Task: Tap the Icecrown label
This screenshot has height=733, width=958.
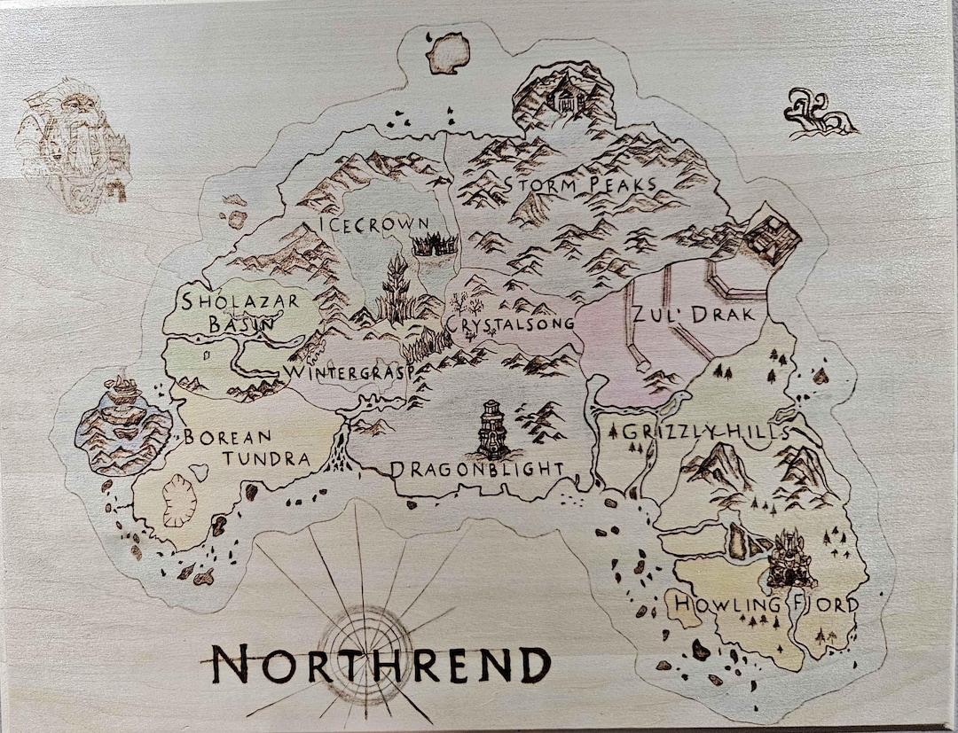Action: [373, 224]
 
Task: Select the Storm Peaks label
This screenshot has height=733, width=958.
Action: [580, 185]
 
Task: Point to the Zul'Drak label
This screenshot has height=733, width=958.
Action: [693, 315]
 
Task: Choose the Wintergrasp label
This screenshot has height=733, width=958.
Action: [348, 373]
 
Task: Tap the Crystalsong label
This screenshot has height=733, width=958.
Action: [511, 325]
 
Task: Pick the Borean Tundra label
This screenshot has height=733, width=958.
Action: [247, 448]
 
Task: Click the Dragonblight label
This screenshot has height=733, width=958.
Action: [477, 468]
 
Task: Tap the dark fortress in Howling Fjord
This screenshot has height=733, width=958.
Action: [789, 559]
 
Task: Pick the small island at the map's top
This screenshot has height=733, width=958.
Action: [447, 52]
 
